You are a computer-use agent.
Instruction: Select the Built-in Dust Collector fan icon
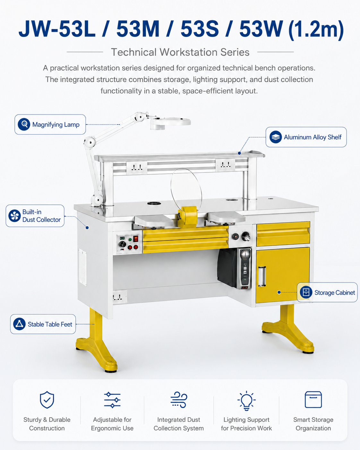click(x=14, y=216)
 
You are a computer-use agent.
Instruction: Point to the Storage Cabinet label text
click(x=335, y=292)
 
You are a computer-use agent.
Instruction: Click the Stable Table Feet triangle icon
click(x=20, y=324)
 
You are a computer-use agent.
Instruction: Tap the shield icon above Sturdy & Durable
click(x=47, y=400)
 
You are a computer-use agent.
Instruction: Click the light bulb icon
click(x=246, y=401)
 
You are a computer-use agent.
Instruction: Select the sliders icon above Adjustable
click(x=112, y=400)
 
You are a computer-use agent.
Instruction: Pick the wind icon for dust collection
click(x=179, y=400)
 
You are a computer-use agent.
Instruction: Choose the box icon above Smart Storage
click(x=313, y=400)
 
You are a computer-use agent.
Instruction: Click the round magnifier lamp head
click(x=170, y=123)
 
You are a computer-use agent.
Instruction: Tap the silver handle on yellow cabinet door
click(x=262, y=276)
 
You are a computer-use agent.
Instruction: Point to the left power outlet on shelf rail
click(x=137, y=168)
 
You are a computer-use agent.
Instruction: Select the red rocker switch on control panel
click(x=136, y=238)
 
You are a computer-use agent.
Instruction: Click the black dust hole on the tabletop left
click(x=154, y=203)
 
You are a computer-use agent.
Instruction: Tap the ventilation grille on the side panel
click(x=82, y=267)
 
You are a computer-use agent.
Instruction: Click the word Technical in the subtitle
click(x=133, y=52)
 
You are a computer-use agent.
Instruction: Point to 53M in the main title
click(x=138, y=29)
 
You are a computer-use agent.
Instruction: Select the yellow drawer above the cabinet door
click(x=283, y=234)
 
